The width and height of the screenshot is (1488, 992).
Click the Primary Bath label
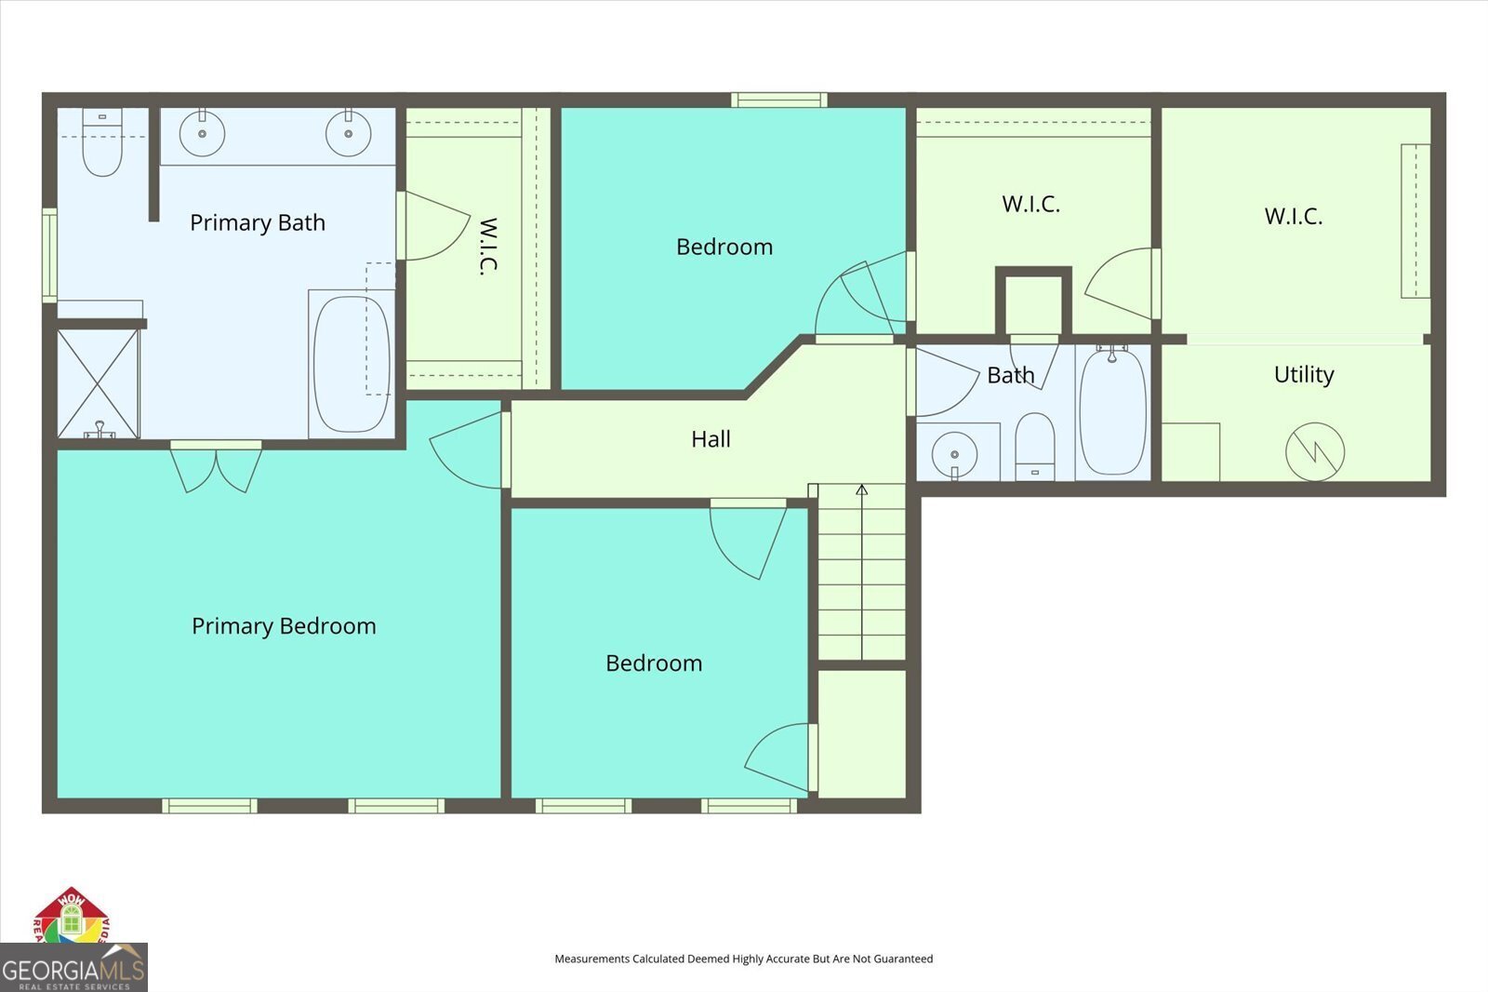coord(258,222)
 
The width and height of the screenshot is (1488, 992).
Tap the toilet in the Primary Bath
coord(102,144)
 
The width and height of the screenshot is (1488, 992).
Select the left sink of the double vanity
coord(202,134)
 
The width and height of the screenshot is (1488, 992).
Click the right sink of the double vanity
coord(349,134)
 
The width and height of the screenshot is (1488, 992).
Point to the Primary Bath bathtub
coord(351,364)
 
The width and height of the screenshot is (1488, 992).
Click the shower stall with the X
coord(98,382)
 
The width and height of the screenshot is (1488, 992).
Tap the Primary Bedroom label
coord(284,626)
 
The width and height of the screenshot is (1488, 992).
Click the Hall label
coord(711,439)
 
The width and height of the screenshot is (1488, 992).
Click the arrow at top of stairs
coord(862,489)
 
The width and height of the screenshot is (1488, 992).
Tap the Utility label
coord(1304,374)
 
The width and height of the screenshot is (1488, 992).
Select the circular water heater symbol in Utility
coord(1315,452)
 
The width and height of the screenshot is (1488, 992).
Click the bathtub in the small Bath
coord(1112,411)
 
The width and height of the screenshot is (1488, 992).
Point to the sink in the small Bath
coord(954,454)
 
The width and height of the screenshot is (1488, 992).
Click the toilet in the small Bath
coord(1034,447)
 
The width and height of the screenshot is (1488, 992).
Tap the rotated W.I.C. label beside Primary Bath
coord(488,247)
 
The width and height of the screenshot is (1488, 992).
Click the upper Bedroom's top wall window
coord(779,100)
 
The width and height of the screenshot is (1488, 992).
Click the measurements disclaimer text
coord(743,958)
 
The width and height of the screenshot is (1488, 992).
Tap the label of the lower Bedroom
coord(654,664)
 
